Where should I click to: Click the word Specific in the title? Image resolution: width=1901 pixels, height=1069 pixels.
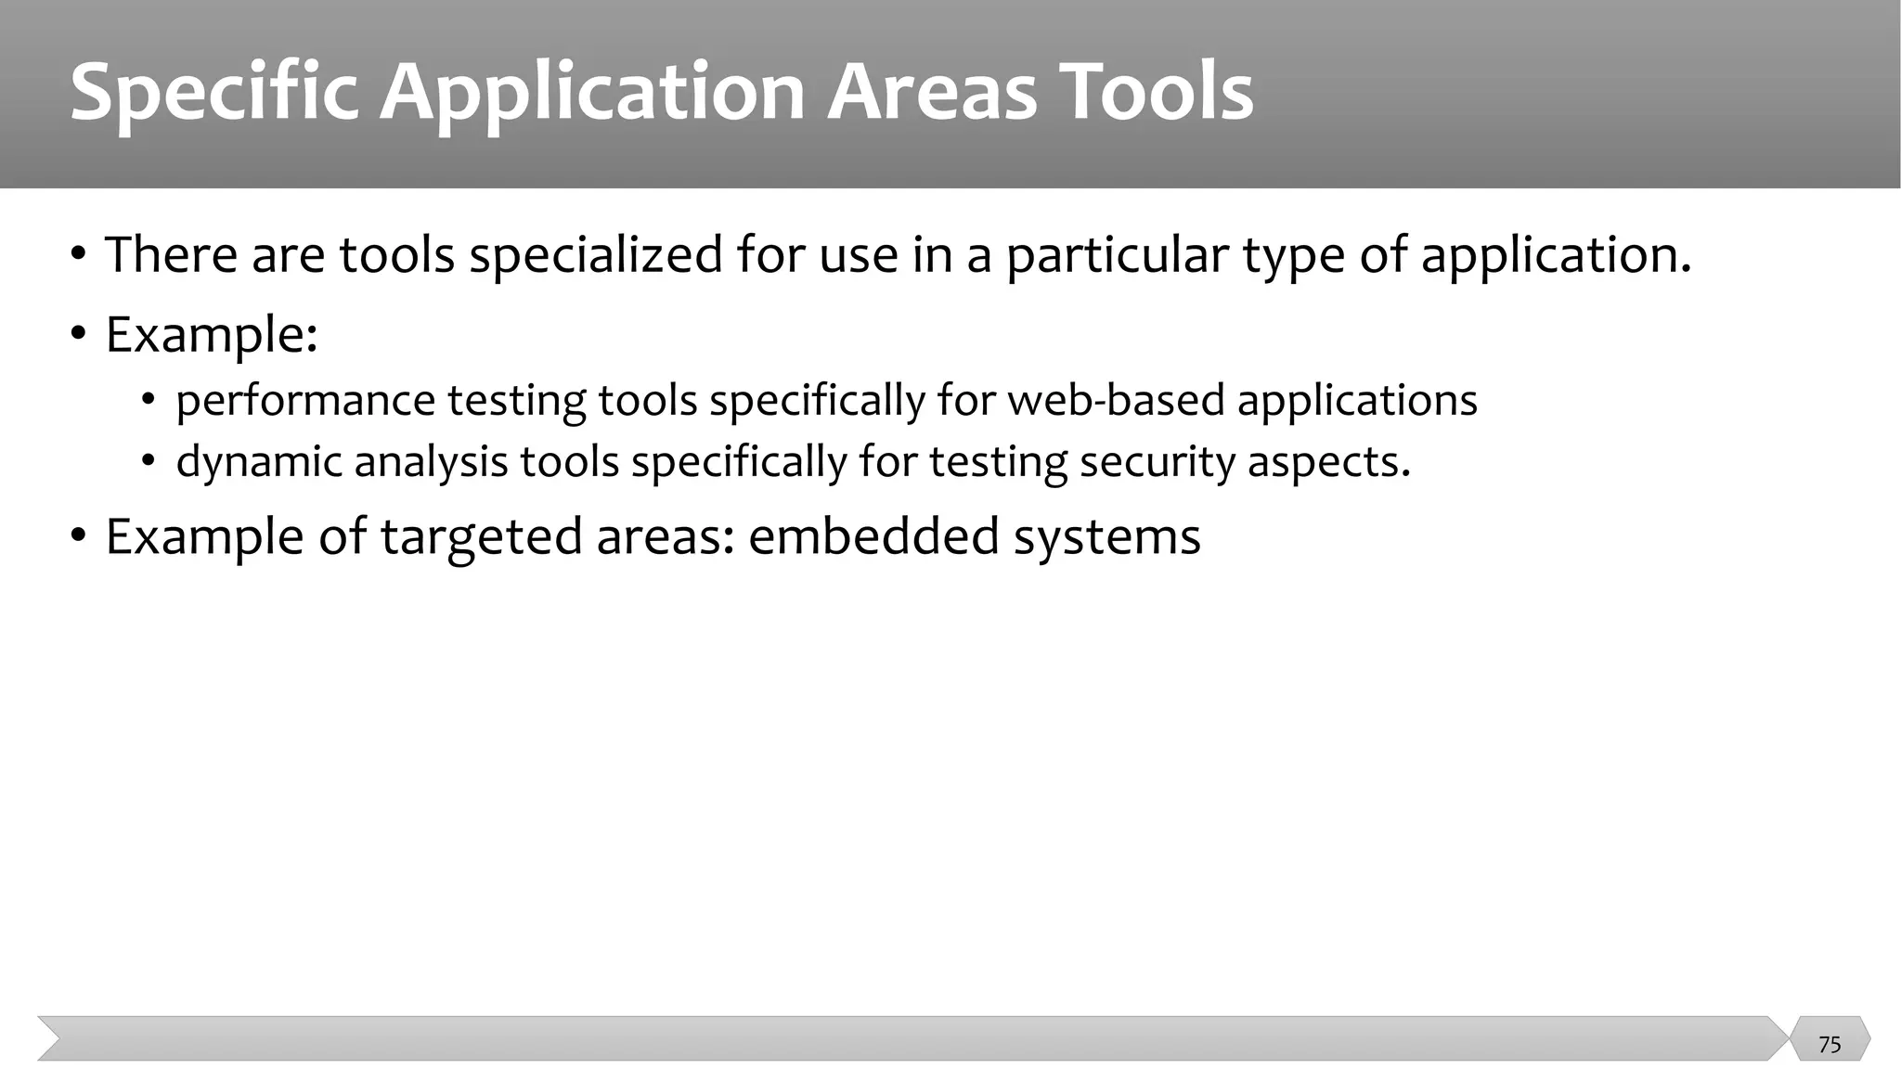(x=213, y=94)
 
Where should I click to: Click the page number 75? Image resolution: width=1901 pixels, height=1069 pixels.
(x=1830, y=1045)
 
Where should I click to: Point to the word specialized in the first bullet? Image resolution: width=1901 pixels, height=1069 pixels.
(x=595, y=255)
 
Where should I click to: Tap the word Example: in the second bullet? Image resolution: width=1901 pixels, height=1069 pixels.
(x=212, y=335)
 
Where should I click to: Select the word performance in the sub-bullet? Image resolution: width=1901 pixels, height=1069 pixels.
(x=305, y=402)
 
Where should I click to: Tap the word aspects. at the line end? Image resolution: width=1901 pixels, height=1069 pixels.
(x=1328, y=462)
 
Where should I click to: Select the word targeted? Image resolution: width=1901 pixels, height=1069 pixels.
(x=480, y=538)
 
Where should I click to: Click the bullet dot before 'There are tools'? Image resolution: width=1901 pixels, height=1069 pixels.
(x=79, y=254)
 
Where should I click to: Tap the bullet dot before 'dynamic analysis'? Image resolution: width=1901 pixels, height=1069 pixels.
(x=149, y=461)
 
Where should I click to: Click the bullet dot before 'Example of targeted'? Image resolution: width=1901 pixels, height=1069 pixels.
(x=79, y=536)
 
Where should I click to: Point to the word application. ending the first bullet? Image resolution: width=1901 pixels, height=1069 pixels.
(x=1556, y=255)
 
